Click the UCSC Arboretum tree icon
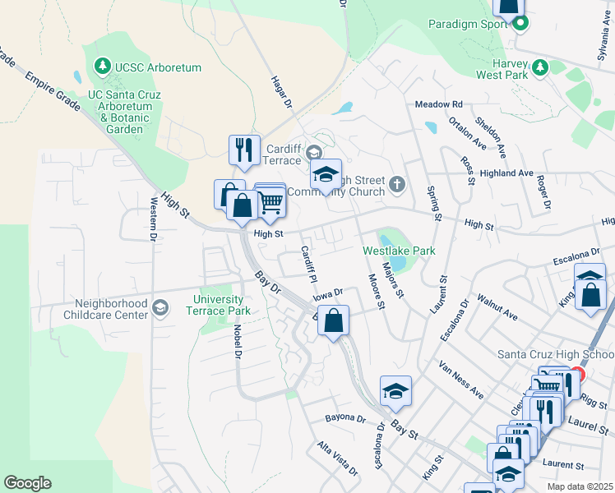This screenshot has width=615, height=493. [103, 65]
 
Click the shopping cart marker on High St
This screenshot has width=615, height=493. [271, 201]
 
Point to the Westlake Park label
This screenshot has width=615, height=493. [399, 250]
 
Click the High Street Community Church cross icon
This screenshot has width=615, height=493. [398, 184]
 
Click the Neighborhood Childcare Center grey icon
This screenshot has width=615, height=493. [160, 308]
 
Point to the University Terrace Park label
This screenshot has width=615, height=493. [220, 305]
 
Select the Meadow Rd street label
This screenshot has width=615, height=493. [439, 104]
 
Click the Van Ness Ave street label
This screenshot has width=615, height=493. [460, 379]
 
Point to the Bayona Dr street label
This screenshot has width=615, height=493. [344, 418]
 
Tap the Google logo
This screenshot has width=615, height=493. [27, 483]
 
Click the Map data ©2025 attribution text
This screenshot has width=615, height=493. [580, 486]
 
